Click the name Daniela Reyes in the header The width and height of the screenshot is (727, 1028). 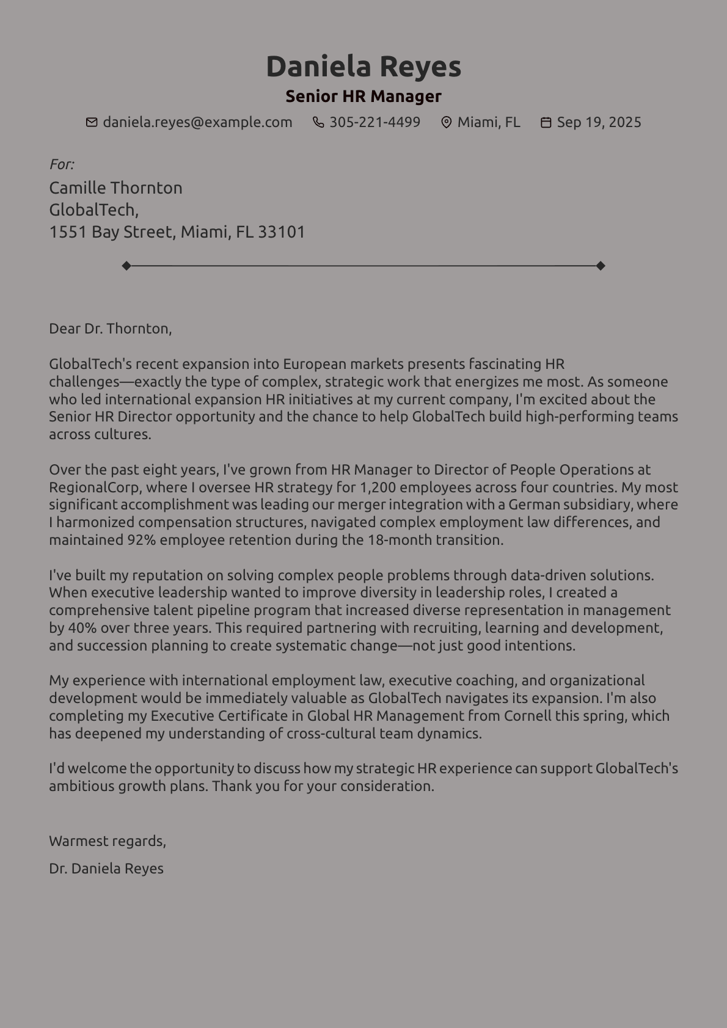[364, 67]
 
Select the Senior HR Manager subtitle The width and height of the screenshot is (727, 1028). [364, 97]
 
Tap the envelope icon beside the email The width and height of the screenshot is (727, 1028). [92, 122]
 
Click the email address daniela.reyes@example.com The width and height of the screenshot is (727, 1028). [197, 122]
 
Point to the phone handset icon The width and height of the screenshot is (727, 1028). [318, 122]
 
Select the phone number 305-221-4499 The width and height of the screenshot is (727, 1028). [374, 122]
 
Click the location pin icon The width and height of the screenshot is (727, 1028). [447, 122]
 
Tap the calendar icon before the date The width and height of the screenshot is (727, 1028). [546, 122]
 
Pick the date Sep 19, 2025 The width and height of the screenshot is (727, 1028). [599, 122]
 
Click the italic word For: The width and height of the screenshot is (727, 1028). [62, 164]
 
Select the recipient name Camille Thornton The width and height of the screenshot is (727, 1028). [115, 188]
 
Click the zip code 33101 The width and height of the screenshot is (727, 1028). [282, 232]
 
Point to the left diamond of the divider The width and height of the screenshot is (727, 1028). [126, 266]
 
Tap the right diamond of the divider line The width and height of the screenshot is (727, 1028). [601, 266]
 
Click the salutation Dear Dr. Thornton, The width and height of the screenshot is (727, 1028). [111, 329]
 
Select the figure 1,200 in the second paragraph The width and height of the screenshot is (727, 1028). [377, 487]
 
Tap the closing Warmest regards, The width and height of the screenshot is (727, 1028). [108, 841]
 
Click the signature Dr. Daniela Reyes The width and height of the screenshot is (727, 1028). [106, 869]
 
